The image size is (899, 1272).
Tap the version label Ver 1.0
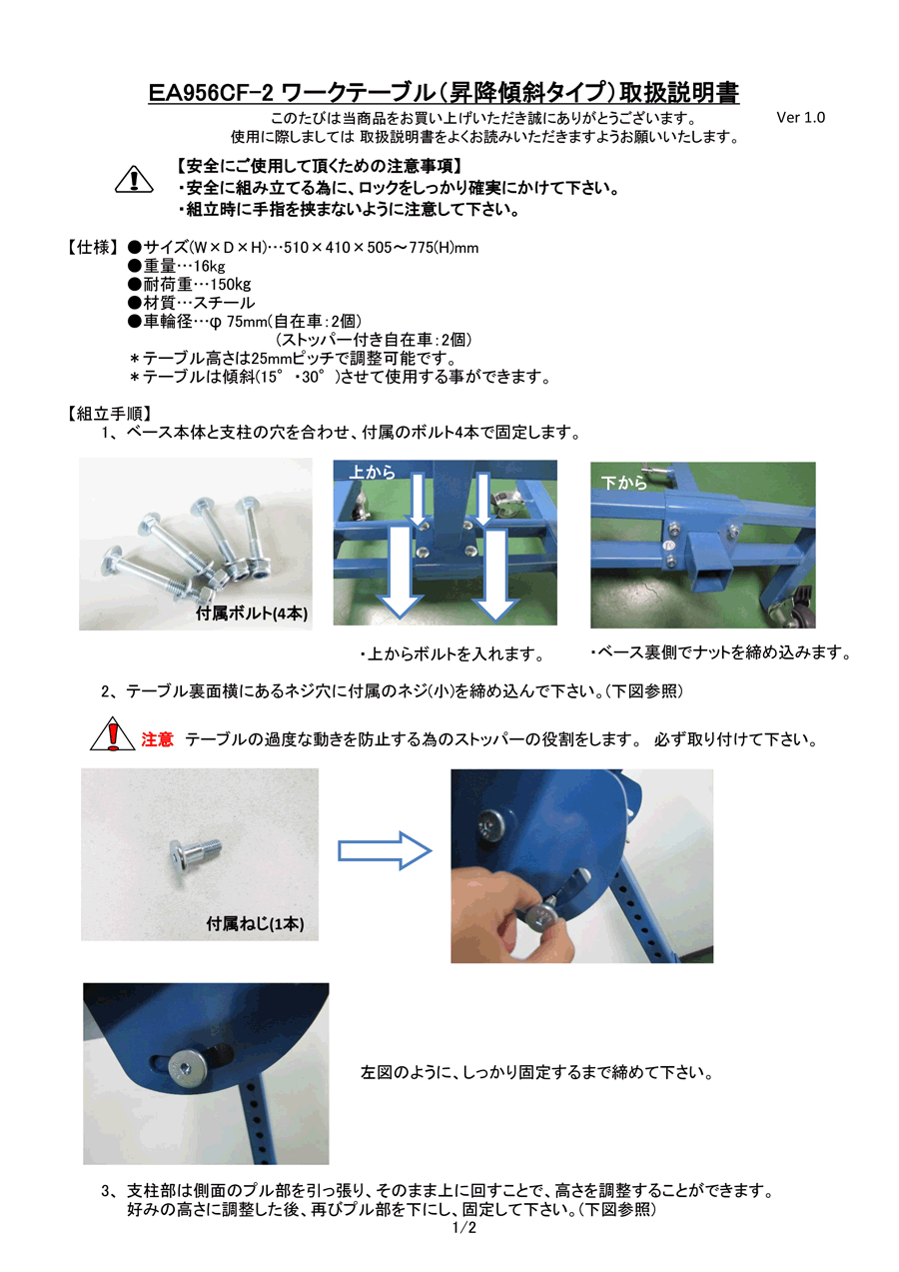tap(800, 118)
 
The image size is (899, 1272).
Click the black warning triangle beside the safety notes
tap(134, 179)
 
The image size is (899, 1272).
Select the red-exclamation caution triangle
tap(112, 733)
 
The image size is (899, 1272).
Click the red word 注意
tap(157, 739)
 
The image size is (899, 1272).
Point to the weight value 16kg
tap(210, 266)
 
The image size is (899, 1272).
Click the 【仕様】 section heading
tap(93, 248)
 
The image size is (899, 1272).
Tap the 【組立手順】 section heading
tap(109, 414)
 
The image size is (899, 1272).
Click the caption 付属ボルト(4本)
tap(252, 614)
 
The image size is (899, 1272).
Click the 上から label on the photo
tap(372, 472)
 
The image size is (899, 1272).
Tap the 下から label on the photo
tap(624, 483)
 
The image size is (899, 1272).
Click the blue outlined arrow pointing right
tap(385, 850)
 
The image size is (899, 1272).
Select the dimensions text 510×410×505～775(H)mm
tap(381, 248)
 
